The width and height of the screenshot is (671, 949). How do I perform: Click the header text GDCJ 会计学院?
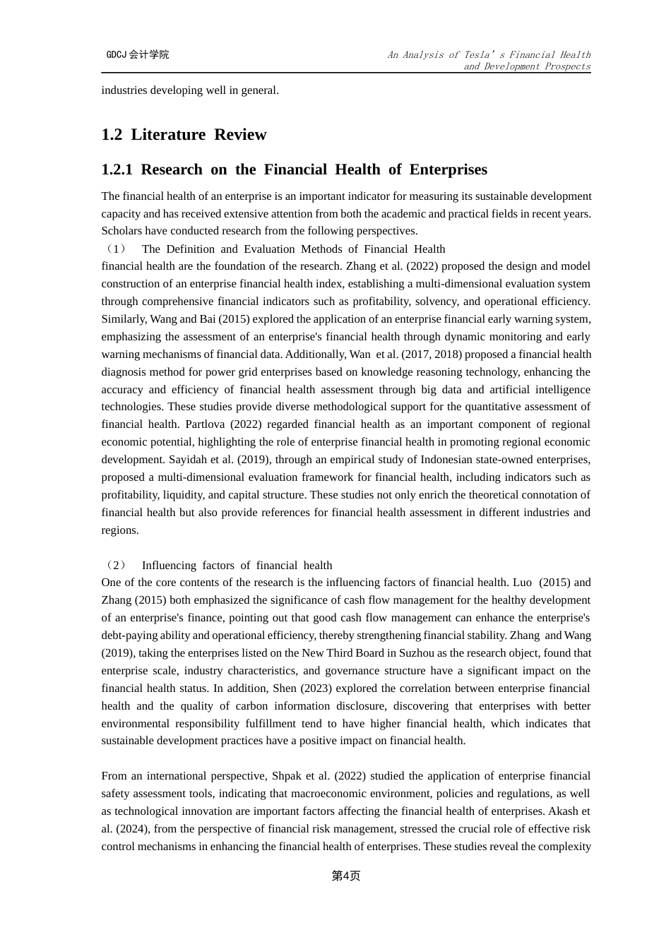138,54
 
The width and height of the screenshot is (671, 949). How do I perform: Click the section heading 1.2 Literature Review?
184,135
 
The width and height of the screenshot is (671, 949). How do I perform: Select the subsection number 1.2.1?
117,169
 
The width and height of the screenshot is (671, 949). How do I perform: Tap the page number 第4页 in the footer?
346,876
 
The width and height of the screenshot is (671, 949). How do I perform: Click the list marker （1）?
114,249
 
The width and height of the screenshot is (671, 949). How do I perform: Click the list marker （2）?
114,565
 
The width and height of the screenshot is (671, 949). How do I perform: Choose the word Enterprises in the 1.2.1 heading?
448,169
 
